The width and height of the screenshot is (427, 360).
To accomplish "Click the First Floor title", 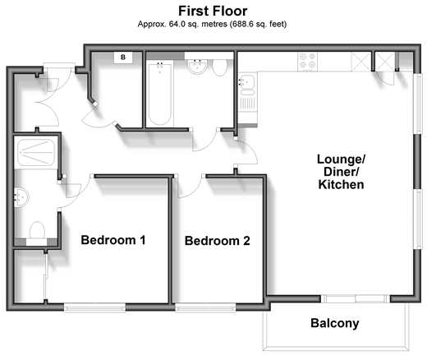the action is click(x=213, y=11).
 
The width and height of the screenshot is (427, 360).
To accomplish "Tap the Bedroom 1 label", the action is click(x=113, y=240).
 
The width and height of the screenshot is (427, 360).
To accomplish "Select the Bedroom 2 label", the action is click(x=218, y=241).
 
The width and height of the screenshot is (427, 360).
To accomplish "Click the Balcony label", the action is click(x=334, y=323).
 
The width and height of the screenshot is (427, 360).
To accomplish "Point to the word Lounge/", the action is click(x=341, y=159).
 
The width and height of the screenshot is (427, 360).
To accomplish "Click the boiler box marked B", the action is click(x=123, y=58).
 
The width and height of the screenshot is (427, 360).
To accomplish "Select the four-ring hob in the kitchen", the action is click(x=308, y=62).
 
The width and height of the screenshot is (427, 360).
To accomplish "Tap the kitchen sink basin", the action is click(x=248, y=81).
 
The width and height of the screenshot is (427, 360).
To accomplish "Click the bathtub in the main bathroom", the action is click(x=160, y=94).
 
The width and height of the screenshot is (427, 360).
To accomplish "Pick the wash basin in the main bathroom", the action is click(x=197, y=67).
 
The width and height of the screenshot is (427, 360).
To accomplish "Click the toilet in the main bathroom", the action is click(x=219, y=67).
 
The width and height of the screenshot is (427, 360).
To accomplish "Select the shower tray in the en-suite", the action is click(x=36, y=152).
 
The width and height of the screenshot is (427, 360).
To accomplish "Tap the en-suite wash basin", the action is click(x=21, y=197).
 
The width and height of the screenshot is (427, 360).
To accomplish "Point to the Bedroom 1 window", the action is click(x=94, y=307).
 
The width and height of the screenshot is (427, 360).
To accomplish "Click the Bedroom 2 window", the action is click(x=205, y=307).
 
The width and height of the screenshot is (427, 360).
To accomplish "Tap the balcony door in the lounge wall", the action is click(x=356, y=299).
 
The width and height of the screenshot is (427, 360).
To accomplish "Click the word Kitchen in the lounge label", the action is click(x=341, y=184).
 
